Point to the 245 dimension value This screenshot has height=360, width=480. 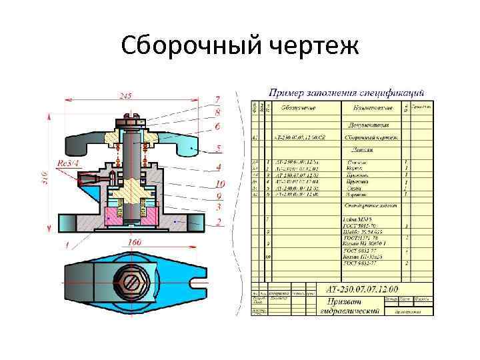coord(125,96)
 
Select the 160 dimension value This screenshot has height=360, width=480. coord(134,243)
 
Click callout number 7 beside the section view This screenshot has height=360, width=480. coord(217,99)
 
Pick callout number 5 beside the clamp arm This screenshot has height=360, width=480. coord(218,148)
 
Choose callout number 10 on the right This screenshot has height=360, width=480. coord(220,184)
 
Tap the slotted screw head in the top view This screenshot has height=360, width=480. coord(129,283)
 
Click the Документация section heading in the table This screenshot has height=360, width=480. coord(371,125)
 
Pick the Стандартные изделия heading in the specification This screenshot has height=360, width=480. coord(371,206)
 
